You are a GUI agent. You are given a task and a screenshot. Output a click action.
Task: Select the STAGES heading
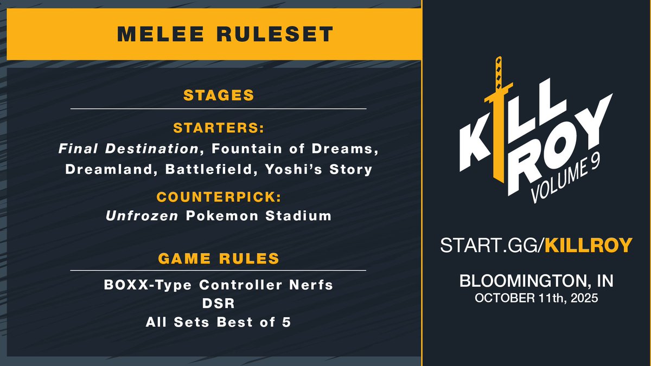pos(219,95)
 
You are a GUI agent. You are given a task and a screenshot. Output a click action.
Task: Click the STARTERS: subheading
pos(219,129)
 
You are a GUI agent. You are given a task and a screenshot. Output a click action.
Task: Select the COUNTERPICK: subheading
pos(219,195)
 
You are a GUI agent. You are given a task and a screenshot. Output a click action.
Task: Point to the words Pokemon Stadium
pos(258,215)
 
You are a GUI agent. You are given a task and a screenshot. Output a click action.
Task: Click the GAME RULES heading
pos(219,258)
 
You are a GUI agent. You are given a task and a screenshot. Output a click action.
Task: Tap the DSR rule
pos(219,304)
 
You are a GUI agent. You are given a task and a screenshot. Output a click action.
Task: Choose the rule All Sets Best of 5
pos(219,322)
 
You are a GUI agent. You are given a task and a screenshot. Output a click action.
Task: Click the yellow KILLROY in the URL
pos(588,245)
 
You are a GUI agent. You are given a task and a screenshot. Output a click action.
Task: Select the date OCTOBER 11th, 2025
pos(536,299)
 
